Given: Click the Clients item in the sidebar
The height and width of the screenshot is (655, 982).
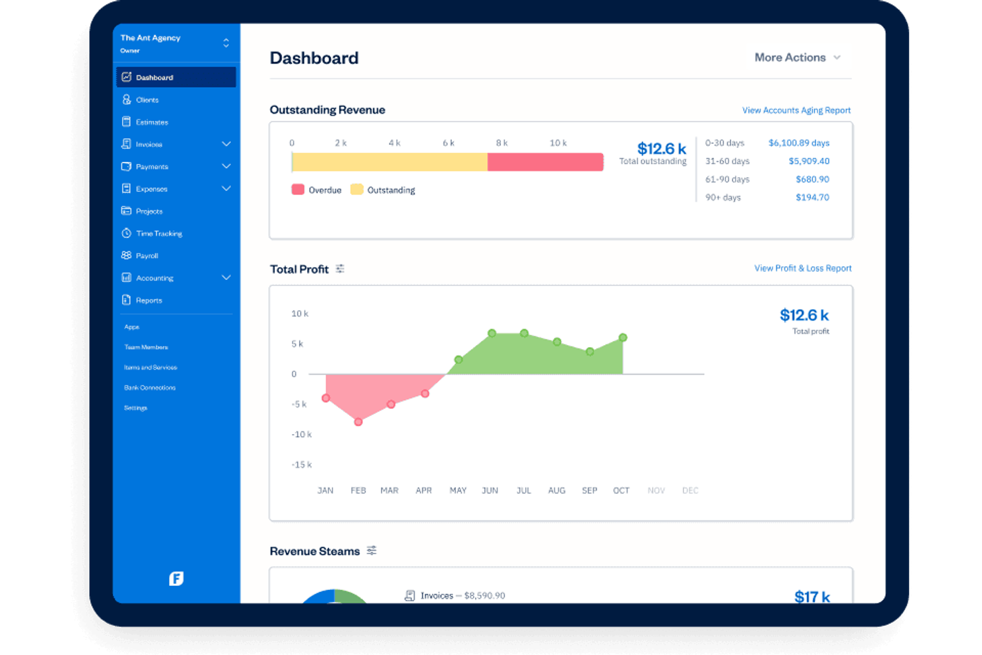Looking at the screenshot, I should coord(147,100).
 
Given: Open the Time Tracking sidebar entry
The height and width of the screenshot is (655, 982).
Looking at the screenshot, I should coord(158,234).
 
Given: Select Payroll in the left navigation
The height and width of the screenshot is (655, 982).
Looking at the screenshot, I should coord(147,255).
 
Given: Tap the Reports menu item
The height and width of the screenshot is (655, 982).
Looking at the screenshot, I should coord(149,301).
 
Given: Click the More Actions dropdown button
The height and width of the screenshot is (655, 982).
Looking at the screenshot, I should coord(797,58).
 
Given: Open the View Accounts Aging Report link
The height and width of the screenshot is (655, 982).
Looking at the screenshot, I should coord(796,110).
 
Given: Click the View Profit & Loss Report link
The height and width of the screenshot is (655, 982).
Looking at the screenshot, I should coord(802,268).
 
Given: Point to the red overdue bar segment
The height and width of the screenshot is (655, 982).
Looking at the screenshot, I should coord(545,162).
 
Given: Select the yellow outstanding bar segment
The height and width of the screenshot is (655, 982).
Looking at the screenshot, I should coord(389,162).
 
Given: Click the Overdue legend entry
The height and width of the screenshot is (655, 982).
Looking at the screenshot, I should coord(316,190).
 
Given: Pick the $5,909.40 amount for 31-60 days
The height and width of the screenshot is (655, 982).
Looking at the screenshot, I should coord(808,161).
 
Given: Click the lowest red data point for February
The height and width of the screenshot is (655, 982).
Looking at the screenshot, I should coord(358,421).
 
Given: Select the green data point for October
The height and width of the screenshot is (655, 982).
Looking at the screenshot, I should coord(622,338).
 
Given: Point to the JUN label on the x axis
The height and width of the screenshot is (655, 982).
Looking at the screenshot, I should coord(490,490).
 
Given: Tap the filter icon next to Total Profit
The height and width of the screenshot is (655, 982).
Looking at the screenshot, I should coord(340,269).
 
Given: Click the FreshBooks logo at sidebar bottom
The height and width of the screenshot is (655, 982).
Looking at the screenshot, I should coord(176,579).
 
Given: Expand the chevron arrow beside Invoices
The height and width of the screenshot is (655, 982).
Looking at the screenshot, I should coord(226,144).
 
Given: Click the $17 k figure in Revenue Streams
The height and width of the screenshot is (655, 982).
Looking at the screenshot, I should coord(811,596).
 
